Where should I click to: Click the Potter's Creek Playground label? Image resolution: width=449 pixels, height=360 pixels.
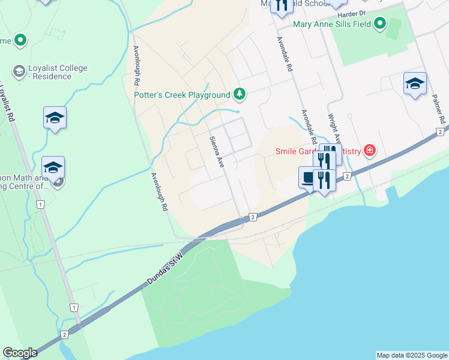tap(182, 95)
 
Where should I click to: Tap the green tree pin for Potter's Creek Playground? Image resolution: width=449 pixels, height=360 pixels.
tap(240, 94)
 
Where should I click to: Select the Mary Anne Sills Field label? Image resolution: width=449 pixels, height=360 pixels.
tap(332, 24)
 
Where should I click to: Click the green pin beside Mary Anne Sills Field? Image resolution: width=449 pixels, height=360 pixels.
tap(379, 24)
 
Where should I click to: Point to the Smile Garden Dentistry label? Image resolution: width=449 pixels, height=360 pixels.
tap(318, 151)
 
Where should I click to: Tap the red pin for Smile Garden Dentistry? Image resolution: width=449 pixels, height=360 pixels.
tap(370, 150)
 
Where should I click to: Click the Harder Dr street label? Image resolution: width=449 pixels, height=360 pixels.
tap(351, 13)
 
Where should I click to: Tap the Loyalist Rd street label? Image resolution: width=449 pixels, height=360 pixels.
tap(8, 102)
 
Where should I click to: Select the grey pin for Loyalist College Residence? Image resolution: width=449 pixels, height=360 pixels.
tap(18, 71)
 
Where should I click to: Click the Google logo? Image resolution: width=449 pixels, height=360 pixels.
tap(20, 353)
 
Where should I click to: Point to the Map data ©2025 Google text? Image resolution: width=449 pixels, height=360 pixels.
tap(412, 355)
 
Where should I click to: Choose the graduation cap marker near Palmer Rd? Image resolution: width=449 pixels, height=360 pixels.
tap(415, 83)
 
